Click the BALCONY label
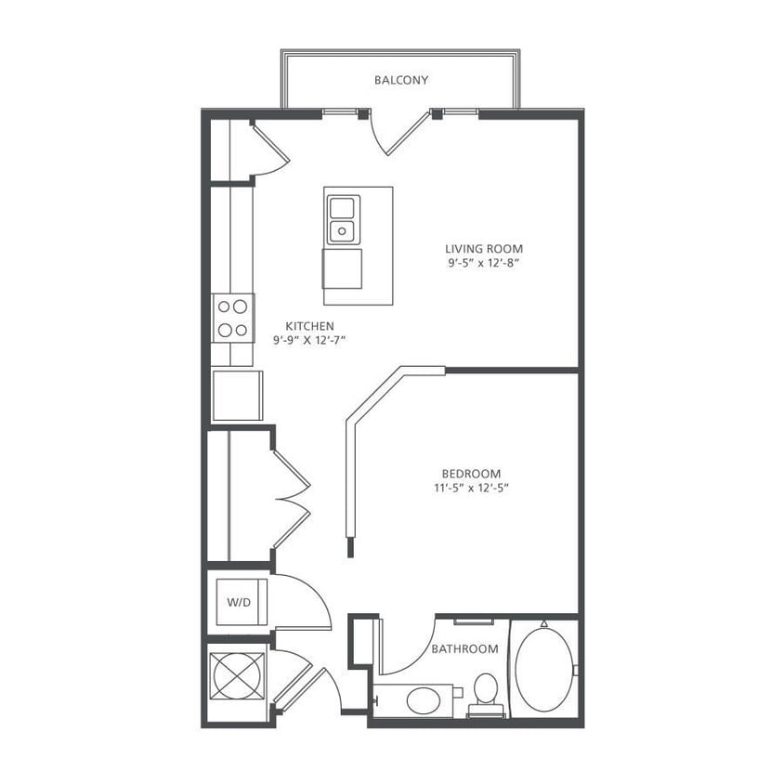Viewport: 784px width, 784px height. pos(401,81)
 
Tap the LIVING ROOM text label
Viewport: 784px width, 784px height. pos(483,249)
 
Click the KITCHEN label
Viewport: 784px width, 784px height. pos(309,326)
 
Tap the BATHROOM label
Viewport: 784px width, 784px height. pos(464,649)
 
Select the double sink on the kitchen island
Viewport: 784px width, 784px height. pos(343,218)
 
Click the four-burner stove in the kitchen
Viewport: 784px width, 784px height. pos(232,317)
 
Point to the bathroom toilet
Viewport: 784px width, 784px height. pos(484,692)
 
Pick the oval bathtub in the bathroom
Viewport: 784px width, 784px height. pos(543,671)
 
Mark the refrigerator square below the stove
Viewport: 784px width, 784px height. pos(237,396)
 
